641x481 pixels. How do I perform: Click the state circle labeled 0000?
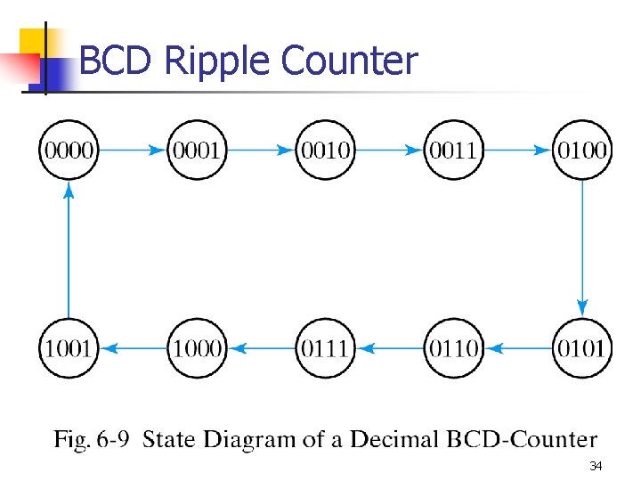69,150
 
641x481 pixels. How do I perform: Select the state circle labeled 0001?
197,150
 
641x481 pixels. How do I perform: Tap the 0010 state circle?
325,150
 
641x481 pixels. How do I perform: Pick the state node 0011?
453,150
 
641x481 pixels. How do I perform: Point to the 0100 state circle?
581,150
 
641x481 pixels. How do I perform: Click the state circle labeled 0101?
581,347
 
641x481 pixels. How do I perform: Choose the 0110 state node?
453,347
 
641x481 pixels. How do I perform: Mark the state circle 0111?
325,347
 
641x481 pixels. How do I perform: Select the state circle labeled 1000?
197,347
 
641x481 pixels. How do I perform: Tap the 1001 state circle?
69,347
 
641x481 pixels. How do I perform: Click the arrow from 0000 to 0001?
133,151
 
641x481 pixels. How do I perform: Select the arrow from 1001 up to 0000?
69,249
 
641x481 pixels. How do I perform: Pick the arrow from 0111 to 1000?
261,348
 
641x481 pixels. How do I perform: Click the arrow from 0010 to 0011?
389,151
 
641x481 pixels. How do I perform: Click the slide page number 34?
596,466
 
